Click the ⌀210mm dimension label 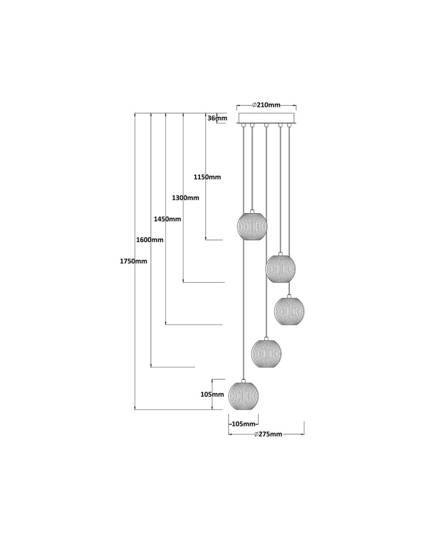tap(266, 105)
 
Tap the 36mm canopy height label tap(217, 118)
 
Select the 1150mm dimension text tap(207, 177)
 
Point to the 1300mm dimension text tap(185, 198)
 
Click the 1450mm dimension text tap(168, 219)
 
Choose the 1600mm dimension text tap(150, 240)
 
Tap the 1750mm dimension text tap(134, 261)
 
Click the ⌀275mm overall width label tap(268, 435)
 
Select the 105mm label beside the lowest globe tap(213, 395)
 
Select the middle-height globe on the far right tap(289, 311)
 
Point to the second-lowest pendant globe tap(266, 353)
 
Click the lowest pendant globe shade tap(243, 395)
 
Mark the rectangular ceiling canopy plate tap(266, 118)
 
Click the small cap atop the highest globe tap(252, 210)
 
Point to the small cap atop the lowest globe tap(243, 379)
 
